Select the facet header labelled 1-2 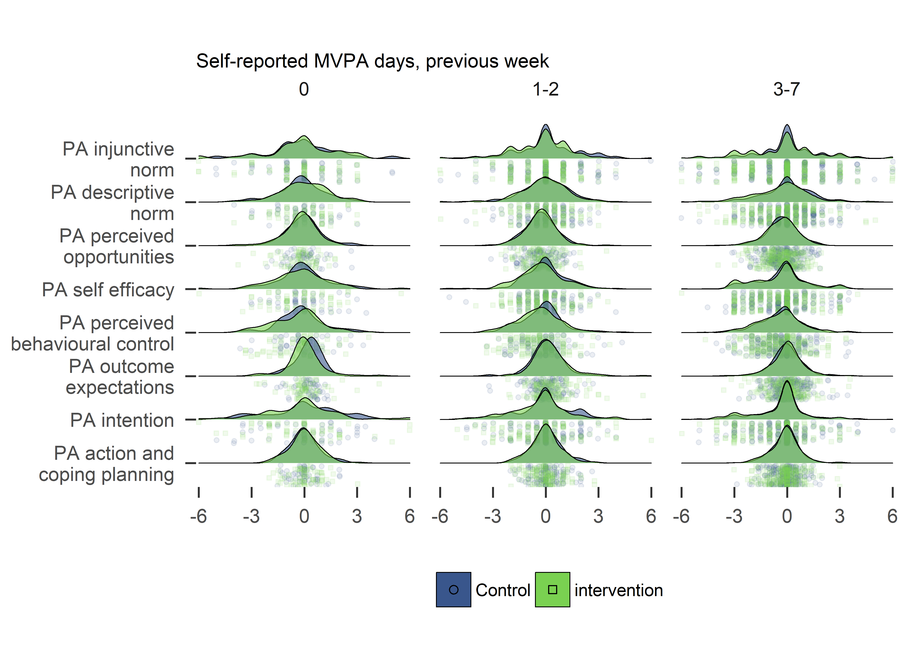545,89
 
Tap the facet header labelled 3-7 786,89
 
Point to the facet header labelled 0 304,89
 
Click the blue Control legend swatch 453,590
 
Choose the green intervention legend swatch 552,590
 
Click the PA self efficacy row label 108,290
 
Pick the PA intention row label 122,420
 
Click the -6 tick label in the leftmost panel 198,517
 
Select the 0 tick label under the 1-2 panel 545,517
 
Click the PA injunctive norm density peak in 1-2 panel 545,126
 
